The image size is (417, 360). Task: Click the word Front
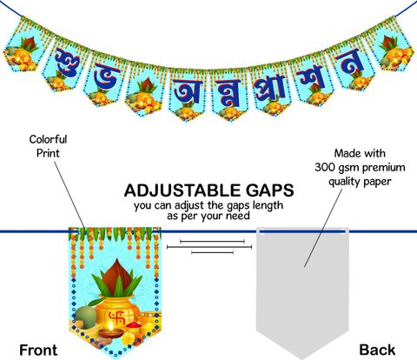click(x=38, y=350)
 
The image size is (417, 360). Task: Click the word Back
click(x=377, y=350)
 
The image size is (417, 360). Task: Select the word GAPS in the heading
click(x=270, y=190)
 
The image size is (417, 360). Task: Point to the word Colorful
click(x=48, y=139)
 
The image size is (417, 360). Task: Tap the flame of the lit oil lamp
click(x=110, y=327)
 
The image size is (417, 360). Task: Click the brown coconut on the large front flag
click(x=116, y=277)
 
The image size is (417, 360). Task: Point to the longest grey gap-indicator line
click(x=209, y=247)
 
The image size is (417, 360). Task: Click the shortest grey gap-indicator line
click(x=212, y=253)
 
